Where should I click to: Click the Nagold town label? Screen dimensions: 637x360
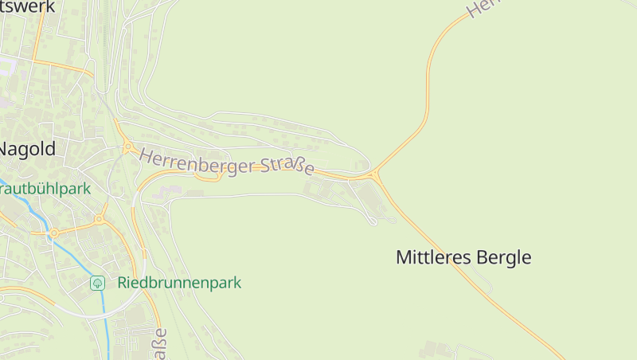[27, 149]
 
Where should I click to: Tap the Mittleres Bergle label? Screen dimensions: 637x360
[463, 257]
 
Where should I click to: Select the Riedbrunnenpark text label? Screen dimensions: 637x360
[179, 283]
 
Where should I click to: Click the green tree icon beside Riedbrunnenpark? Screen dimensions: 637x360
[97, 283]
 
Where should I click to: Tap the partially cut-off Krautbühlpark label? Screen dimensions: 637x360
[45, 190]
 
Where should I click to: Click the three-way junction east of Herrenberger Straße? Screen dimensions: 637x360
[374, 174]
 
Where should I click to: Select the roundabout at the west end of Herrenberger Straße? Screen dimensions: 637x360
[127, 147]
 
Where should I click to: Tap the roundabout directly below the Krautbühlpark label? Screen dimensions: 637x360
[100, 218]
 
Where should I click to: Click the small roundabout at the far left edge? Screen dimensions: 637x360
[54, 233]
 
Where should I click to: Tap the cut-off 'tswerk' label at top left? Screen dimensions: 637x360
[28, 6]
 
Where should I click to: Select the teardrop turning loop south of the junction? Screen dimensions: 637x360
[372, 220]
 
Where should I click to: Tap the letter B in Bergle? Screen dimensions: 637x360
[483, 257]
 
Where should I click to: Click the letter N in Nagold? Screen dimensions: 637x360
[5, 149]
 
